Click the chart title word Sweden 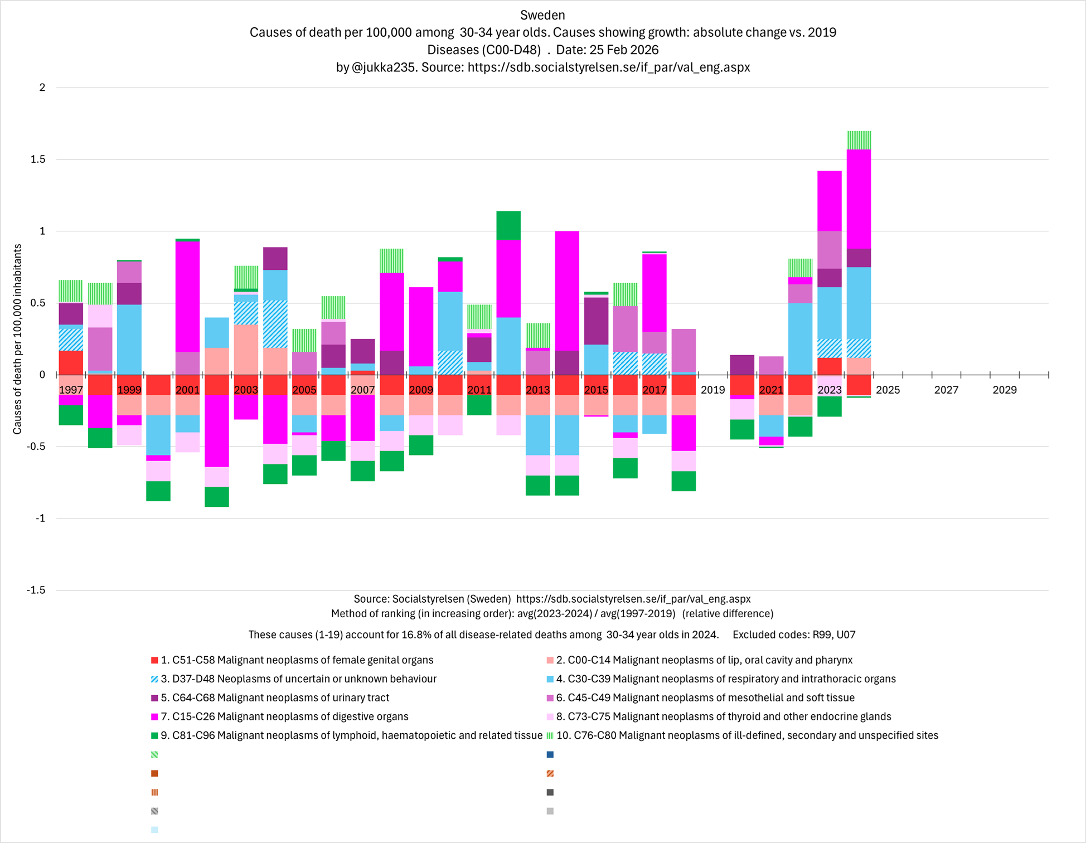tap(542, 15)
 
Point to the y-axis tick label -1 tap(40, 519)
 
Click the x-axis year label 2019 tap(712, 390)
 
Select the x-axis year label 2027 tap(946, 390)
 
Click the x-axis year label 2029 tap(1005, 390)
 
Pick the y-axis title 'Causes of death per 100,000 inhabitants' tap(17, 339)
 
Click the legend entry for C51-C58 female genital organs tap(297, 660)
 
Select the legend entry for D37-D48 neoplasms tap(298, 679)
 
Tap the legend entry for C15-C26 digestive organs tap(284, 716)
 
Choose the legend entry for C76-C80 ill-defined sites tap(747, 735)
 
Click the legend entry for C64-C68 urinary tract tap(275, 697)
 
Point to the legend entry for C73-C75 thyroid tap(724, 716)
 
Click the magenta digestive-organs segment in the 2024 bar tap(859, 199)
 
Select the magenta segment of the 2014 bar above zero tap(567, 290)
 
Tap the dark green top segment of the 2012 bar tap(508, 225)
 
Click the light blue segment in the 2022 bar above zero tap(800, 338)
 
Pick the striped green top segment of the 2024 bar tap(859, 140)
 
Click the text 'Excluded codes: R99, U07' tap(794, 634)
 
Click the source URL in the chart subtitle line tap(609, 67)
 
